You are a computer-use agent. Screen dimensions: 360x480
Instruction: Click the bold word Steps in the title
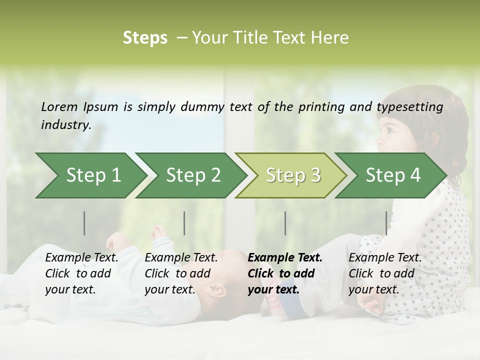click(145, 38)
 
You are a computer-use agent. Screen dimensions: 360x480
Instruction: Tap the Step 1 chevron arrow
click(90, 175)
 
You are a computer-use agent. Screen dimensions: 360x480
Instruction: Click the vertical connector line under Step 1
click(84, 223)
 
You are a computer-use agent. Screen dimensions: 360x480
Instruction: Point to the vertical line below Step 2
click(184, 223)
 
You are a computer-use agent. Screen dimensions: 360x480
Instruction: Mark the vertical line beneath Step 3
click(285, 223)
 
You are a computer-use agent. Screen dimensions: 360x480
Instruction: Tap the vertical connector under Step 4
click(386, 223)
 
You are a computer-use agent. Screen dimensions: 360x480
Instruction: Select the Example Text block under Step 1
click(81, 273)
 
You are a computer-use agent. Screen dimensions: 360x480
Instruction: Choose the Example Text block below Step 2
click(181, 273)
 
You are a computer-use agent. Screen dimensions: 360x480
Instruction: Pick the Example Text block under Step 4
click(385, 273)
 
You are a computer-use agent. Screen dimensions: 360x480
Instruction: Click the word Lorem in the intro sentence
click(59, 106)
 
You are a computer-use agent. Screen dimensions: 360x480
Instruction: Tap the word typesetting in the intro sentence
click(409, 107)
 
